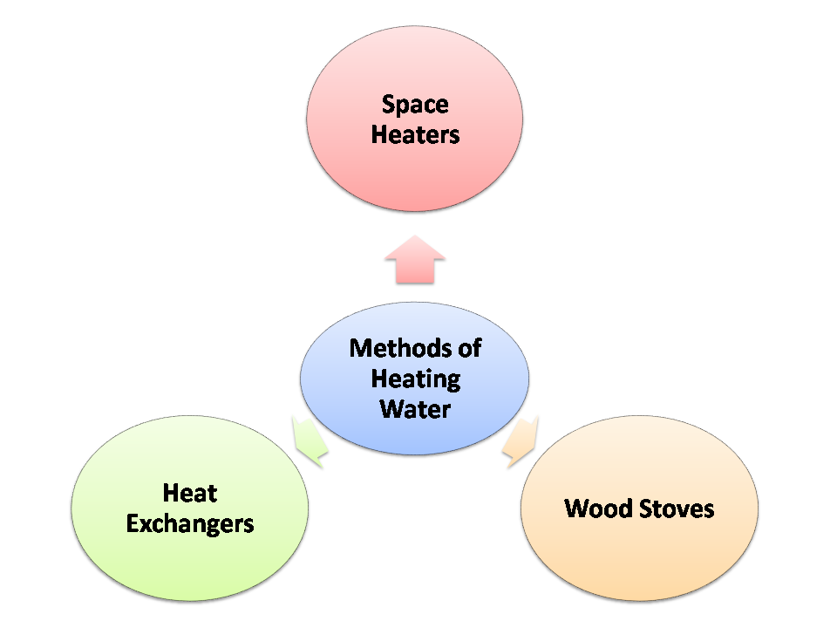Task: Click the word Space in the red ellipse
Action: (415, 106)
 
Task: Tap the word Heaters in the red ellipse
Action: (415, 135)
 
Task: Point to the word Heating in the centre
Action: (415, 379)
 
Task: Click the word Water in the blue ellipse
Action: (415, 408)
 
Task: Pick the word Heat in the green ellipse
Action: (189, 494)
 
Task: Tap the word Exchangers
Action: (190, 523)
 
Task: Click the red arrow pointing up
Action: (415, 259)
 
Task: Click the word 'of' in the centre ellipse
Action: (470, 348)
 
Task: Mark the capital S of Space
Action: (388, 106)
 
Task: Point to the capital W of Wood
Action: (576, 509)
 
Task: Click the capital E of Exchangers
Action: (133, 523)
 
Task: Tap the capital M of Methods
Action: (359, 348)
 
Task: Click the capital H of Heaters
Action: (378, 135)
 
